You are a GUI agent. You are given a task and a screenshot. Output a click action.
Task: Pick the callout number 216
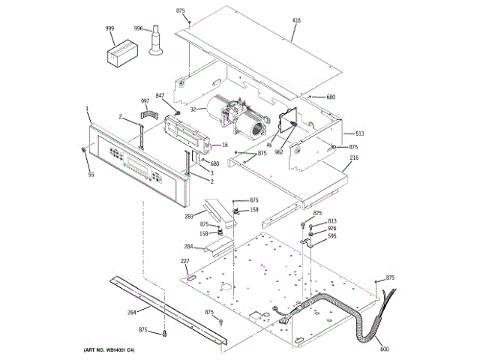354,158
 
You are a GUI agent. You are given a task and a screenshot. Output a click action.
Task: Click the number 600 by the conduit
385,348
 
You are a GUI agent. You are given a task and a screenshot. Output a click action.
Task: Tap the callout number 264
132,312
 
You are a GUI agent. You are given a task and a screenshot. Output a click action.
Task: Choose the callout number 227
184,261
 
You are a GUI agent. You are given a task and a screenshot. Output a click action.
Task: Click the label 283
190,217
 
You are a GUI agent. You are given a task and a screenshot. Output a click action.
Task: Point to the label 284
188,246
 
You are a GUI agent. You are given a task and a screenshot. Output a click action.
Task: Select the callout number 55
91,175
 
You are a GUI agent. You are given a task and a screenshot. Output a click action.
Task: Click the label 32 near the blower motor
193,109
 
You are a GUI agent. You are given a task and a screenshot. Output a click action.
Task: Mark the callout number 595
331,236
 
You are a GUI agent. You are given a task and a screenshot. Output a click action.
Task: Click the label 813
331,221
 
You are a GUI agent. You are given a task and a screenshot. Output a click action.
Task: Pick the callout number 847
160,95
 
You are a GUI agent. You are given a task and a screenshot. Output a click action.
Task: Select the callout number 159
254,209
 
